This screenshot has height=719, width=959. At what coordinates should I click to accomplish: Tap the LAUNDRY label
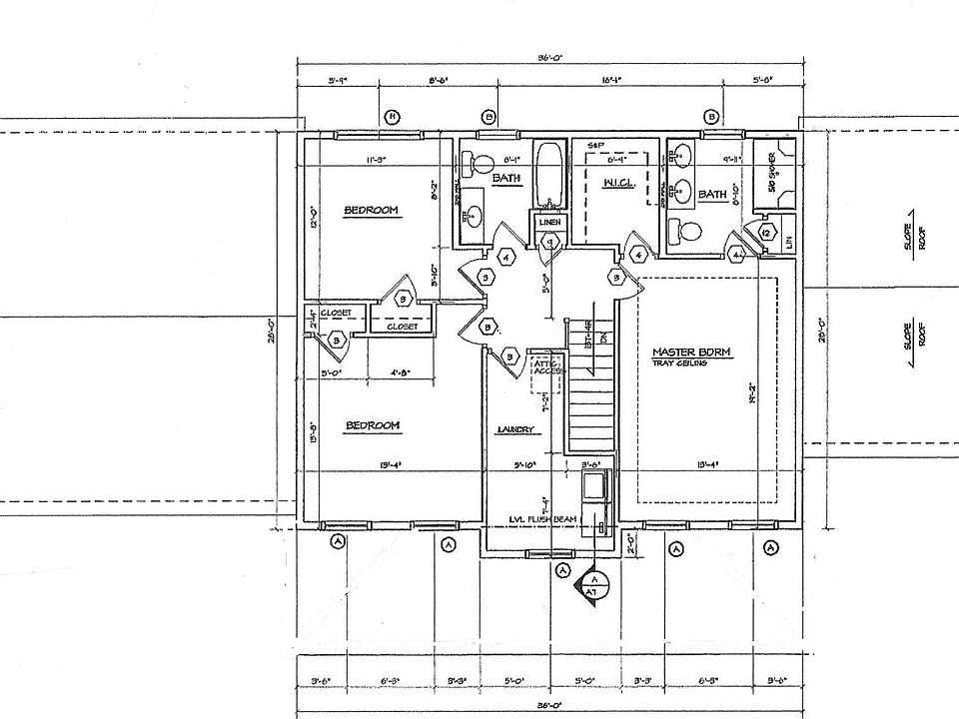(x=517, y=430)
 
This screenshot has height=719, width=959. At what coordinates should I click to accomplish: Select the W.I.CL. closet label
(x=613, y=184)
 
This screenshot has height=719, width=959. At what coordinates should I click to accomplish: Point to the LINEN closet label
(x=548, y=222)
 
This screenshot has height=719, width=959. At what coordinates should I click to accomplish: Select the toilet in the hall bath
(x=479, y=166)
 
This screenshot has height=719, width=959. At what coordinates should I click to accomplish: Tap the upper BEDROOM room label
(x=372, y=210)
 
